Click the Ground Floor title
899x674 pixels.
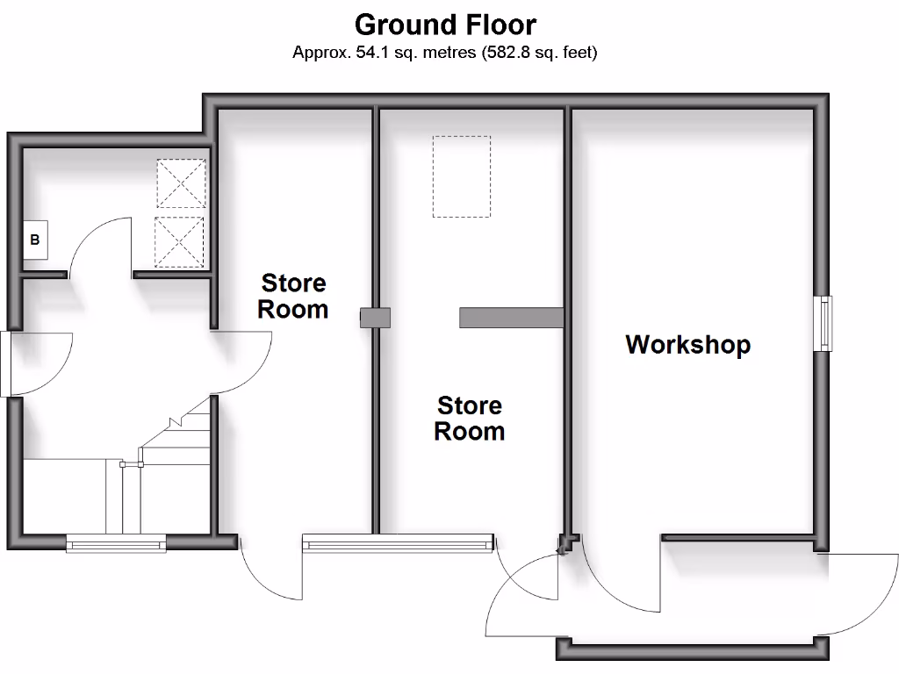point(445,24)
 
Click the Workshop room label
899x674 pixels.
point(687,344)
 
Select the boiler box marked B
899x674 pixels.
point(35,240)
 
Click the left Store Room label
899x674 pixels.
point(294,296)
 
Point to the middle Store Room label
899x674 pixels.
point(470,418)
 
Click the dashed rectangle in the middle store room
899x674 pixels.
point(461,176)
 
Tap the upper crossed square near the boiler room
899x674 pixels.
point(181,183)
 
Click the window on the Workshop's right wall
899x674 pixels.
point(824,324)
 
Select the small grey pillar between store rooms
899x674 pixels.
point(374,318)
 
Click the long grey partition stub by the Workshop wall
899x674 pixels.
point(510,318)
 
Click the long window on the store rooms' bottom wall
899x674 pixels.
point(398,545)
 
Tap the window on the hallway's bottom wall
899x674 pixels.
point(116,544)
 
